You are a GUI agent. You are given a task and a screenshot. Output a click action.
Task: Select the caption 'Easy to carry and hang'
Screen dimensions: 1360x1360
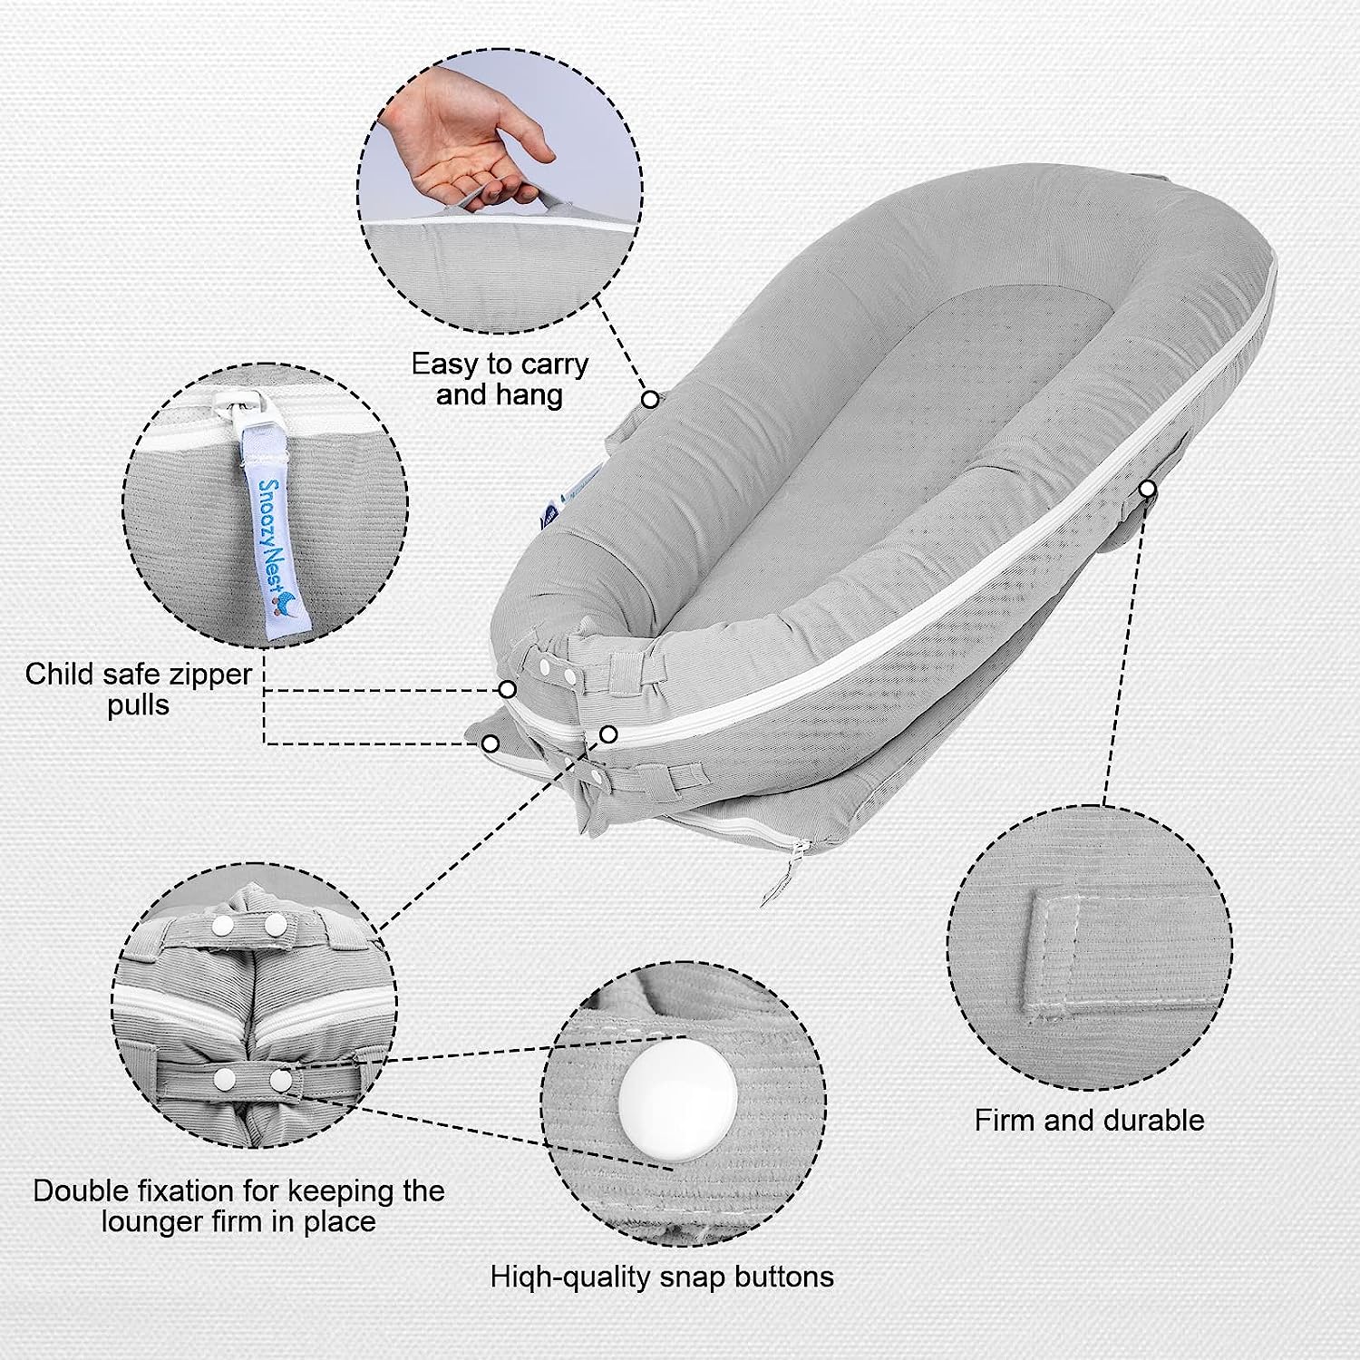tap(500, 379)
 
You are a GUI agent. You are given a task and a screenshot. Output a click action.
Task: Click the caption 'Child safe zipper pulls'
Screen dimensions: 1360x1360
tap(139, 689)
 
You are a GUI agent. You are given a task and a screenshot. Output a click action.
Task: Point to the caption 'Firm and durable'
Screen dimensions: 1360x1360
tap(1089, 1120)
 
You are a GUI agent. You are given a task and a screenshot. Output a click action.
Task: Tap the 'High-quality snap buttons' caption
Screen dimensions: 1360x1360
tap(662, 1277)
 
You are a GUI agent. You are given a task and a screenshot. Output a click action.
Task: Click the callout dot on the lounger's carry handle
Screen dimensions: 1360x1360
tap(650, 399)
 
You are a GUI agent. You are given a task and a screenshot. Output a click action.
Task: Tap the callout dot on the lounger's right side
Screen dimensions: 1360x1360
tap(1148, 490)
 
